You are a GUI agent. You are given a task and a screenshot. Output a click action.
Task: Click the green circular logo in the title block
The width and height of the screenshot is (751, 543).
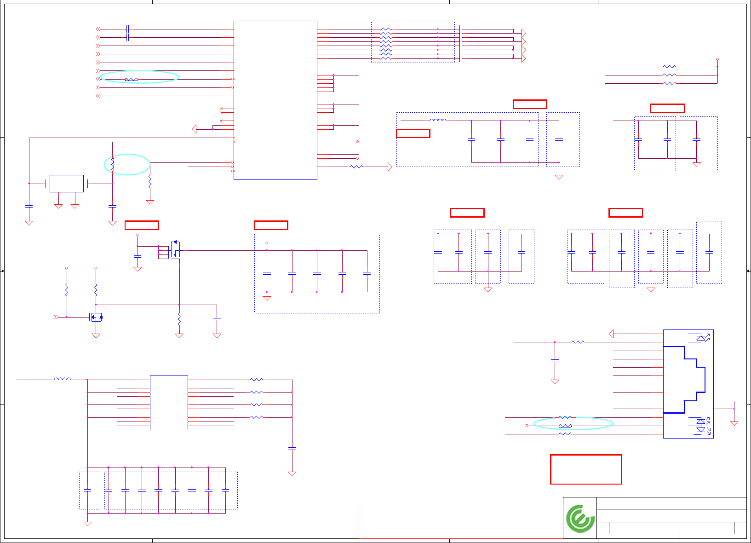click(580, 518)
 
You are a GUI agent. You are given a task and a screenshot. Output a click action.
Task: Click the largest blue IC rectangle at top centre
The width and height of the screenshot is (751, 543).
click(275, 100)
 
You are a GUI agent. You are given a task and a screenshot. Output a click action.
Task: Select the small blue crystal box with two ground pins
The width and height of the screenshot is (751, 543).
click(67, 183)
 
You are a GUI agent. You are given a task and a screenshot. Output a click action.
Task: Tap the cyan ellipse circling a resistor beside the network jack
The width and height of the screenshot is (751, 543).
click(573, 423)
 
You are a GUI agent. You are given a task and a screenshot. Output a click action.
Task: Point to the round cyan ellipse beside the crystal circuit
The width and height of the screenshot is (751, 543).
click(127, 164)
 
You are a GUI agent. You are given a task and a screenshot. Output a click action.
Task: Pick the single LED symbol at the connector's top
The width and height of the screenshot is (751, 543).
click(701, 338)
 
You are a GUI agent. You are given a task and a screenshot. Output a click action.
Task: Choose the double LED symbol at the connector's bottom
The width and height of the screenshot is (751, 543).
click(701, 426)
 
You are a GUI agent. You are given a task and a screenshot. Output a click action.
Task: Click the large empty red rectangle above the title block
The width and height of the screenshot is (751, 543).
click(586, 469)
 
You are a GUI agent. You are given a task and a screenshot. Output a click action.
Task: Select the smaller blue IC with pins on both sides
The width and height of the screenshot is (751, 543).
click(169, 403)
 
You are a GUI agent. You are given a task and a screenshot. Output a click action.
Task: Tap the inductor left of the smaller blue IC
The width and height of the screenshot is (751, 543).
click(63, 379)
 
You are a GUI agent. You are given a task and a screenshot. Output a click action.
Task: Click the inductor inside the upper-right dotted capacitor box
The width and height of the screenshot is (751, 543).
click(437, 120)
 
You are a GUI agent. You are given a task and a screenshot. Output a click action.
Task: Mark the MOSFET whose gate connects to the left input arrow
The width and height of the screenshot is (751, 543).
click(96, 317)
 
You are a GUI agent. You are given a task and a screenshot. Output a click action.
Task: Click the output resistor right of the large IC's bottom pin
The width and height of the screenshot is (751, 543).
click(357, 167)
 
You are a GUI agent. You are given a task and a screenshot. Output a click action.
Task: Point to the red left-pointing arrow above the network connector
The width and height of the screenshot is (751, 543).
click(611, 334)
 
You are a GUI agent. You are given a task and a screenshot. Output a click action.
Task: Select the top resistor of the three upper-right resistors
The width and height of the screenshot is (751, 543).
click(670, 67)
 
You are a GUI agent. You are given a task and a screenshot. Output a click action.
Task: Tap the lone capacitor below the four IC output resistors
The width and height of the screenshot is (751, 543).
click(292, 448)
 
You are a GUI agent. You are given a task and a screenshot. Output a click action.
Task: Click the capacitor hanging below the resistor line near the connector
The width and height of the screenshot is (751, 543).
click(555, 360)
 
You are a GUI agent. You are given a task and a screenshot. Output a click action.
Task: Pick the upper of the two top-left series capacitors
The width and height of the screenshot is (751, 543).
click(127, 29)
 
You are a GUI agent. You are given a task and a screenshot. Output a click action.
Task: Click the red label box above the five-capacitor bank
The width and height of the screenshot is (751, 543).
click(271, 225)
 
